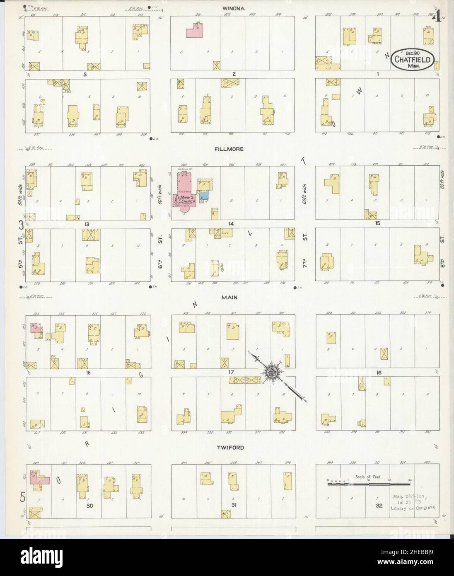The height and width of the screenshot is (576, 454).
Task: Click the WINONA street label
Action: coord(233,8)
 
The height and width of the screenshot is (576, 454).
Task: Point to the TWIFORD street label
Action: coord(232,448)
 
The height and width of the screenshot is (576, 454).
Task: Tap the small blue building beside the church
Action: coord(204,196)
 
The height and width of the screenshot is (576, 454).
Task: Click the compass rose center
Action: coord(273,371)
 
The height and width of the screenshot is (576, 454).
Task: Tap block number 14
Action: coord(231,224)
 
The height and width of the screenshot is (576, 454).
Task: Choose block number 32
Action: coord(379,506)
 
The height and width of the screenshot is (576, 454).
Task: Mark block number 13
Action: coord(87,224)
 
